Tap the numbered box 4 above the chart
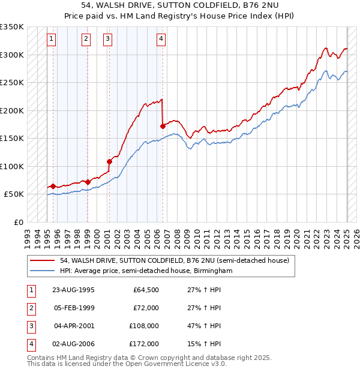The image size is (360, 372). click(x=161, y=40)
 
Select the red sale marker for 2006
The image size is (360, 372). click(x=163, y=126)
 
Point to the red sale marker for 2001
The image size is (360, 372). click(x=109, y=161)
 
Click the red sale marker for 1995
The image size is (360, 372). click(x=53, y=186)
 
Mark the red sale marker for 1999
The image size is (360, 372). click(x=88, y=182)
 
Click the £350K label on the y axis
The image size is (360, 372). click(x=11, y=27)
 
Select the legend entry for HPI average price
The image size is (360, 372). click(x=145, y=271)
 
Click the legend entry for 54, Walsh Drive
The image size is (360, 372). click(x=175, y=260)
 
